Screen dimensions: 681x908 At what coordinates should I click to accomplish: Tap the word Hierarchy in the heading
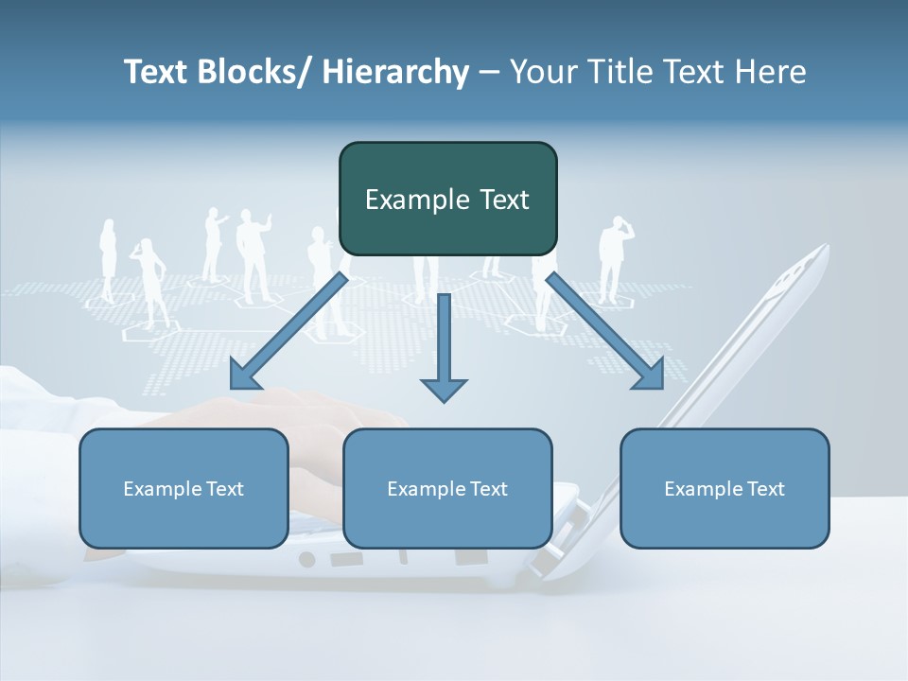point(395,72)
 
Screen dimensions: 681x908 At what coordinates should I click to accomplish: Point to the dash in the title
point(489,72)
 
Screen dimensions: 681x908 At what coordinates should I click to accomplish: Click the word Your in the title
point(541,72)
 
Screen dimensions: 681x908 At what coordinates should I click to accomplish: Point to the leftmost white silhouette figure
point(108,259)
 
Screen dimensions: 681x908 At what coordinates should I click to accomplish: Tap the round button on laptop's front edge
point(306,559)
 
